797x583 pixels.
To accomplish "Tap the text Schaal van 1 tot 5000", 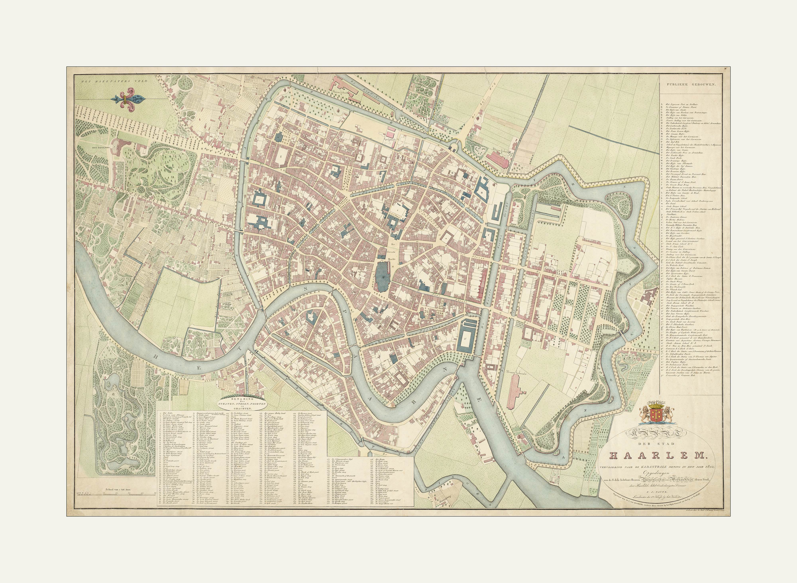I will coord(118,489).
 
